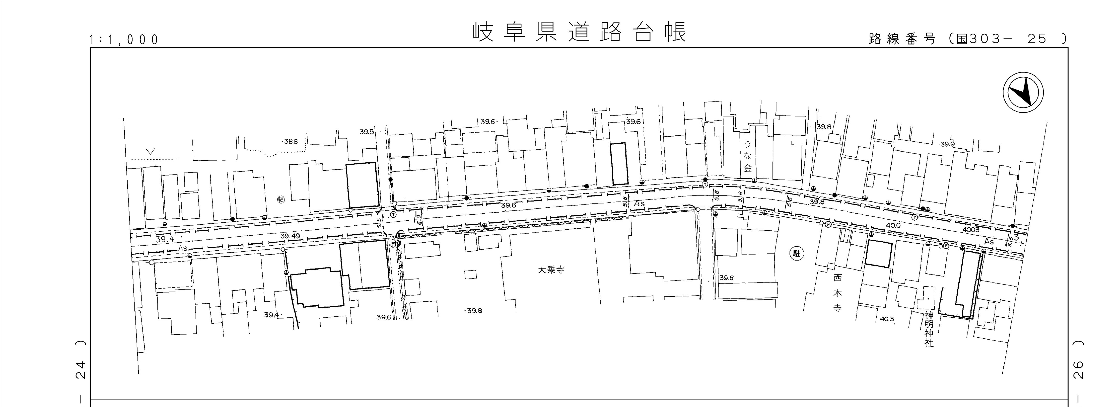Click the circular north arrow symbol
tap(1023, 93)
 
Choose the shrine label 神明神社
tap(929, 329)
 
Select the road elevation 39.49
tap(290, 236)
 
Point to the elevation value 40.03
tap(971, 230)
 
